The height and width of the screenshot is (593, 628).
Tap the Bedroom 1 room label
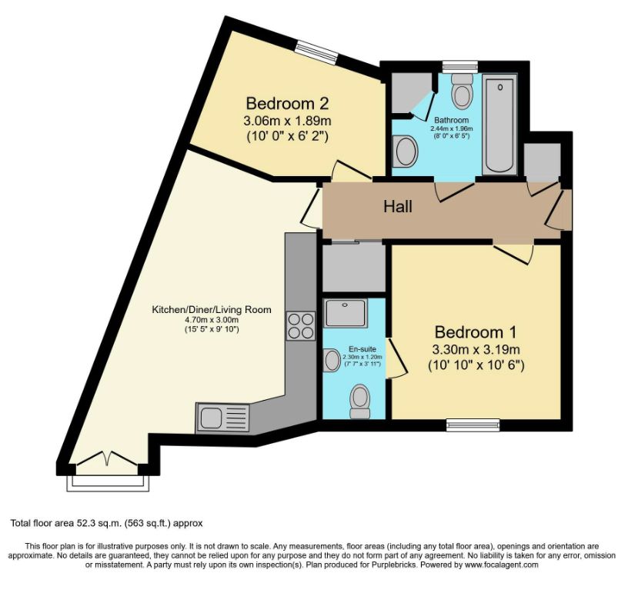(476, 332)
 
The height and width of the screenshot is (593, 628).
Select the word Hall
(399, 207)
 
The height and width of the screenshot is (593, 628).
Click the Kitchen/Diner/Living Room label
(211, 310)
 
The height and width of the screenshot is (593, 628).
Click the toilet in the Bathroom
(462, 92)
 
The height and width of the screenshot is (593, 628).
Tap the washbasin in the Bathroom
(404, 151)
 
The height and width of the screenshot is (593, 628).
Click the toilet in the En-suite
(359, 401)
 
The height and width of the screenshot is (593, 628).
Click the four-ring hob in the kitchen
(300, 325)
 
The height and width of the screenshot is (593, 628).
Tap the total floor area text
(106, 523)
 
